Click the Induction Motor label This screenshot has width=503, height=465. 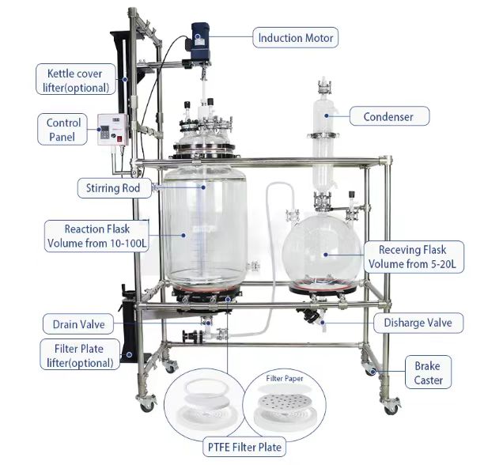click(295, 38)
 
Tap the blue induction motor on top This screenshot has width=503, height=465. click(201, 41)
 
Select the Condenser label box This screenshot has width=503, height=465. click(389, 116)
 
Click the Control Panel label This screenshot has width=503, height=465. click(62, 130)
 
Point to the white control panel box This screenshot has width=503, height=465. click(113, 130)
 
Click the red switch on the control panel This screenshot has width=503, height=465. click(119, 139)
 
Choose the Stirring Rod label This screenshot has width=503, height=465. click(114, 188)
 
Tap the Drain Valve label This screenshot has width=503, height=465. click(78, 324)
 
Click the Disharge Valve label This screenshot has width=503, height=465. click(418, 323)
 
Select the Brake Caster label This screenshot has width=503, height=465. click(428, 372)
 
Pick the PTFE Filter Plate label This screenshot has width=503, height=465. click(244, 447)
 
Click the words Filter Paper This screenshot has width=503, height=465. click(284, 379)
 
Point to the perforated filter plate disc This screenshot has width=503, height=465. click(284, 403)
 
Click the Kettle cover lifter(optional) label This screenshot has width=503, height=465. click(76, 80)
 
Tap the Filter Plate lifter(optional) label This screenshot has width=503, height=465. click(80, 355)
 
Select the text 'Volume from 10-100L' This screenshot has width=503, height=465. click(96, 243)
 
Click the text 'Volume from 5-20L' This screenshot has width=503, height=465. click(412, 264)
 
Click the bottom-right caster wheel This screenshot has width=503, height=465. click(391, 406)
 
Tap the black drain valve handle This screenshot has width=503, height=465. click(188, 336)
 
